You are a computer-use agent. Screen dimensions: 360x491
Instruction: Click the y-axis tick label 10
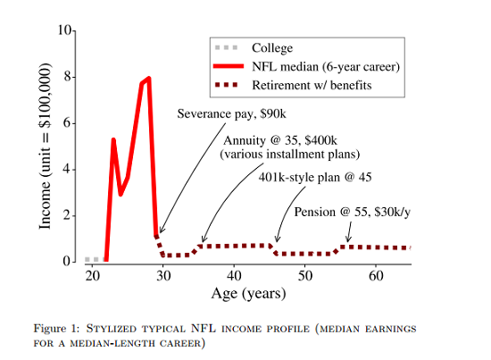[x=64, y=30]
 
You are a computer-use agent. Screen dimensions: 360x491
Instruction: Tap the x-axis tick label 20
[x=92, y=275]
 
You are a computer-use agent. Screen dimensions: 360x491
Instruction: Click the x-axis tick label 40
[x=233, y=275]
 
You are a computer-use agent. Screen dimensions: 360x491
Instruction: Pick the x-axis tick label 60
[x=375, y=275]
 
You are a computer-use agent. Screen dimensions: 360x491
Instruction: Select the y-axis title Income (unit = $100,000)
[x=46, y=147]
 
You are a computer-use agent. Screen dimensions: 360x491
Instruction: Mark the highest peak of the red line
[x=148, y=79]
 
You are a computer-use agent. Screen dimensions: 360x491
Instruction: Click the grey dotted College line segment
[x=93, y=259]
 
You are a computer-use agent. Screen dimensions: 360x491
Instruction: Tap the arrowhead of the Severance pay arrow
[x=160, y=233]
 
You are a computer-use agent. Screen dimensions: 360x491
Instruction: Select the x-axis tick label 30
[x=162, y=275]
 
